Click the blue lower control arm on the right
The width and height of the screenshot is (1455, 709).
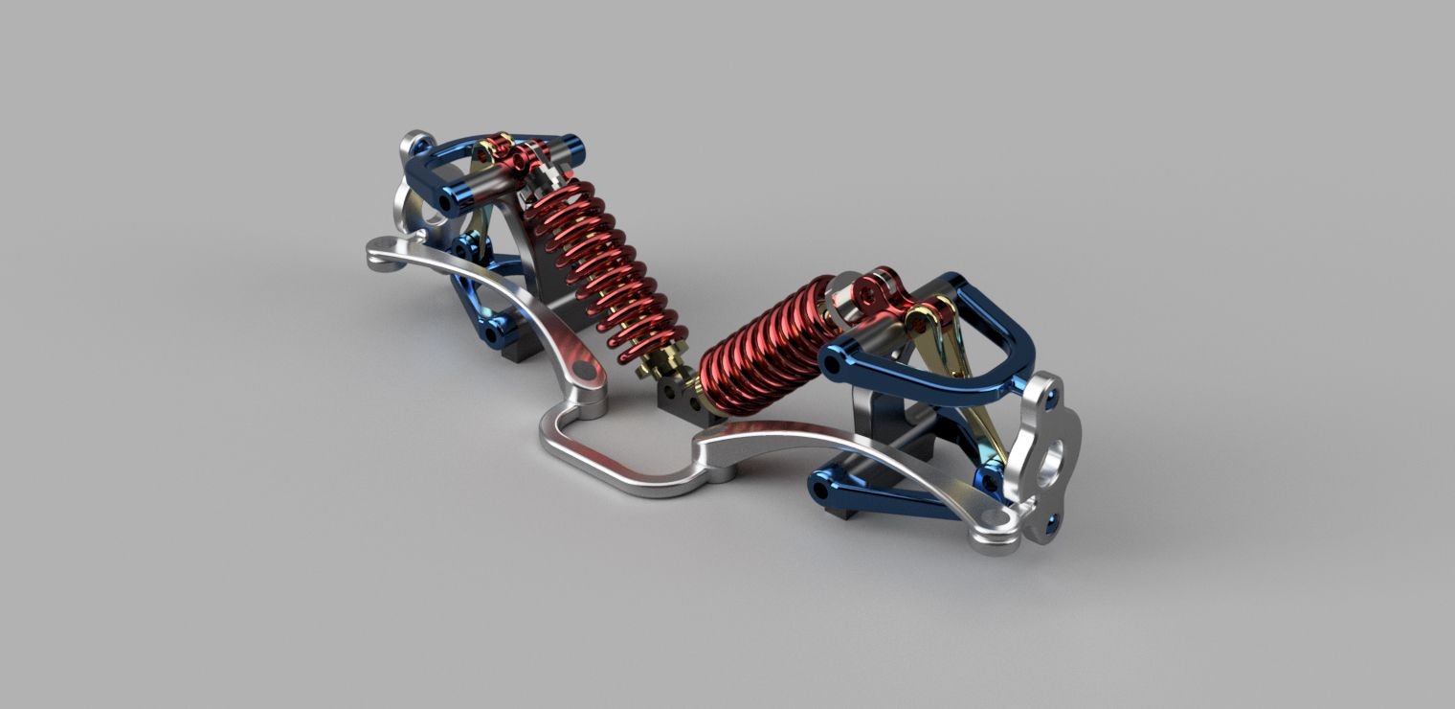click(x=890, y=493)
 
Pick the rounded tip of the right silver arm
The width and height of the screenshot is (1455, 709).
click(x=996, y=541)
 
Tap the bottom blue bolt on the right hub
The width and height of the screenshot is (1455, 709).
click(x=1053, y=519)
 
